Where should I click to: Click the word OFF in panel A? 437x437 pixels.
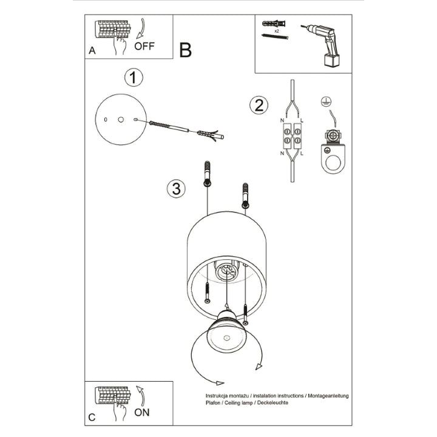click(144, 46)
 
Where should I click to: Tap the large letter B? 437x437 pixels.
click(185, 50)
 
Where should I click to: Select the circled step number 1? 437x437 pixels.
click(134, 78)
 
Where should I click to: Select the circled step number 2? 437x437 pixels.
click(259, 105)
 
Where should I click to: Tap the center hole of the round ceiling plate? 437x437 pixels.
click(120, 120)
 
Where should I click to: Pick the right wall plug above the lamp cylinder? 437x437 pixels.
click(245, 195)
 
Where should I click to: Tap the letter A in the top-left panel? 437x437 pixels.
click(92, 51)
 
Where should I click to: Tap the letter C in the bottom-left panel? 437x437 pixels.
click(92, 417)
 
